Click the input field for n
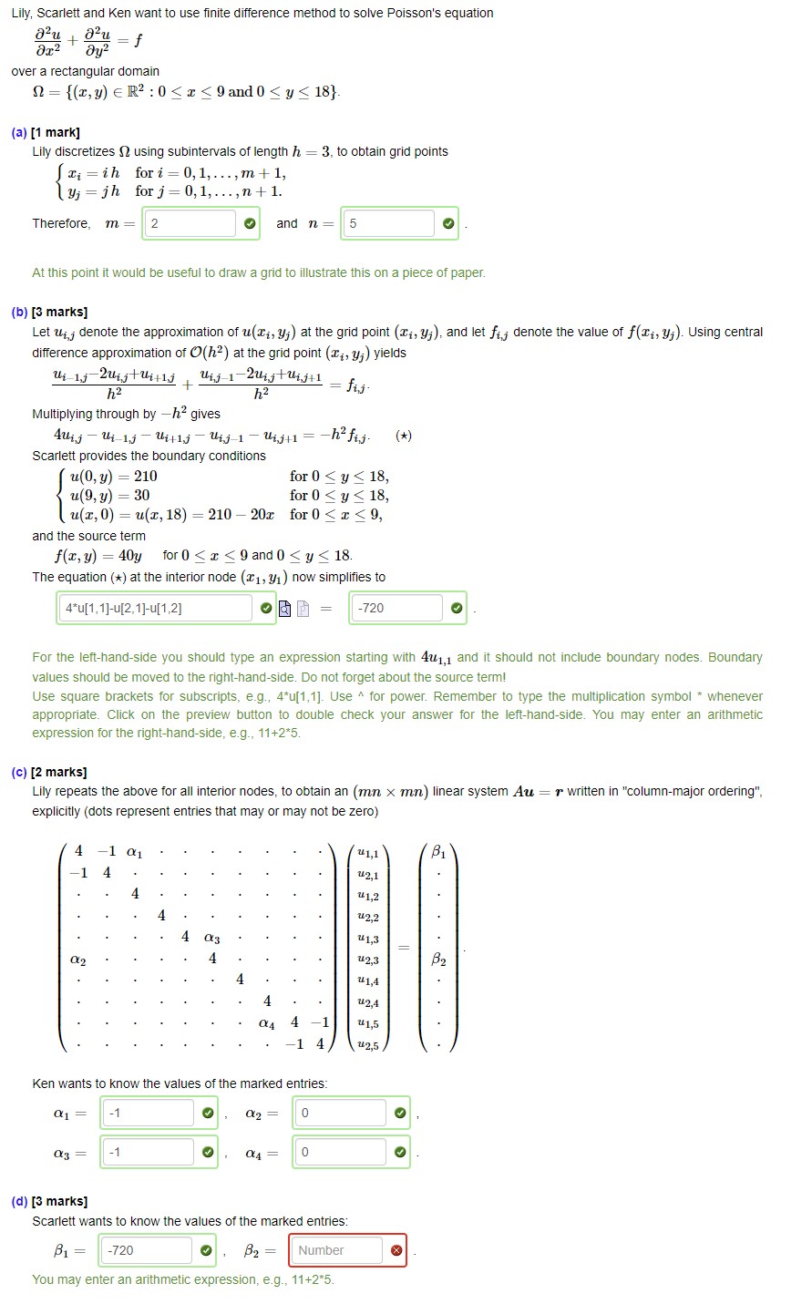[x=388, y=224]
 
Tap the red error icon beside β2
[x=396, y=1250]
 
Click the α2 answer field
[x=341, y=1113]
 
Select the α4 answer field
[x=341, y=1153]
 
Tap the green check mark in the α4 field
[x=399, y=1153]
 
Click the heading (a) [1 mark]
[x=46, y=132]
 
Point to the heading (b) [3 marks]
[x=49, y=312]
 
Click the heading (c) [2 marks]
[x=49, y=772]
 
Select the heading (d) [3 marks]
[x=49, y=1201]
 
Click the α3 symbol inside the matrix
[x=211, y=938]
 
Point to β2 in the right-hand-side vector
[x=438, y=960]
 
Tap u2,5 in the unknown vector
[x=369, y=1045]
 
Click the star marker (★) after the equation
[x=404, y=436]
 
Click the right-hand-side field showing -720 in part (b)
[x=397, y=608]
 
